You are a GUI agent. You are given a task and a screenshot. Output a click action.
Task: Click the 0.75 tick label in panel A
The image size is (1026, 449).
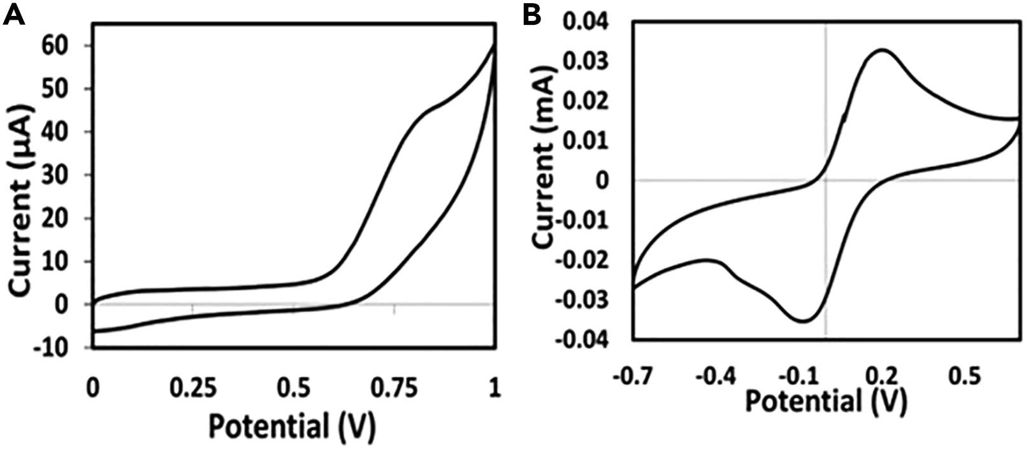coord(393,388)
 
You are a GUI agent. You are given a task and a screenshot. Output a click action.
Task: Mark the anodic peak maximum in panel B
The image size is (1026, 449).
coord(883,50)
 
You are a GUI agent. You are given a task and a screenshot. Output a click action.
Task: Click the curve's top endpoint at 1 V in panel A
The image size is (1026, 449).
coord(495,45)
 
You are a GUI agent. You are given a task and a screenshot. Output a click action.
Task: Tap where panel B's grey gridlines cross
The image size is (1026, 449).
coord(826,180)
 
